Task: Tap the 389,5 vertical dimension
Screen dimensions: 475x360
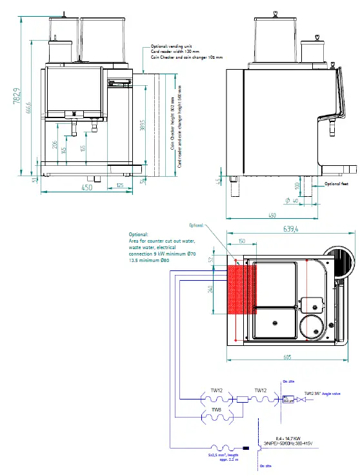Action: pyautogui.click(x=141, y=126)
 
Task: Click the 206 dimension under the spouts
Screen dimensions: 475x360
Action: pyautogui.click(x=55, y=146)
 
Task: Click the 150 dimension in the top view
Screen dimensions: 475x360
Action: pyautogui.click(x=240, y=241)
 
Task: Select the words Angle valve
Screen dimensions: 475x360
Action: pyautogui.click(x=337, y=392)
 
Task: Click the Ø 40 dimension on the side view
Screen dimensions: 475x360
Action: pyautogui.click(x=291, y=201)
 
